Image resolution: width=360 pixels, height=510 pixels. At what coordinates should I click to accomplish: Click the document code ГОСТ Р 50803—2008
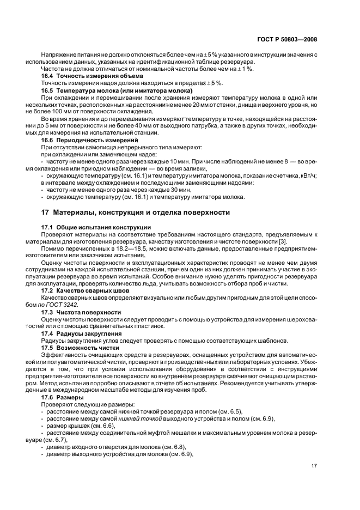pos(288,40)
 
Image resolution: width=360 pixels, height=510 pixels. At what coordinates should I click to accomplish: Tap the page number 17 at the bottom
pos(314,466)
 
